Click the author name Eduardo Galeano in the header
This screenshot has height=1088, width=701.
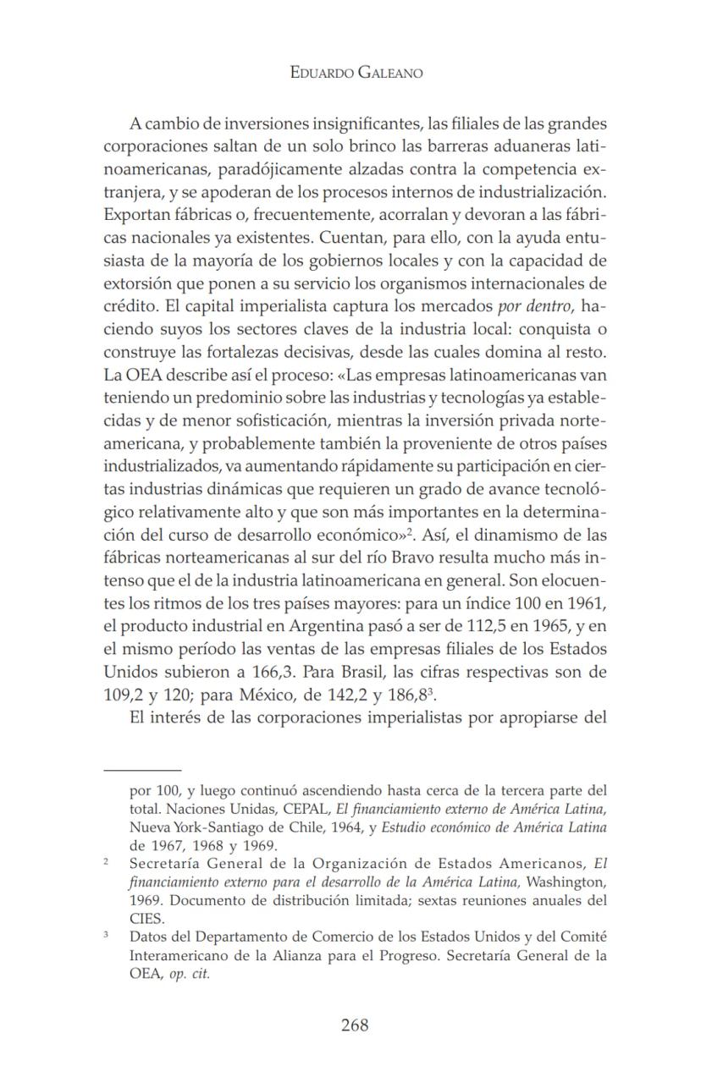[x=356, y=73]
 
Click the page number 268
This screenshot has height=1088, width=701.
[x=355, y=1025]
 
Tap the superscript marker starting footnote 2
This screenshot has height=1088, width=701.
[x=106, y=861]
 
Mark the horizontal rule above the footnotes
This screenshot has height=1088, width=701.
[x=142, y=770]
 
